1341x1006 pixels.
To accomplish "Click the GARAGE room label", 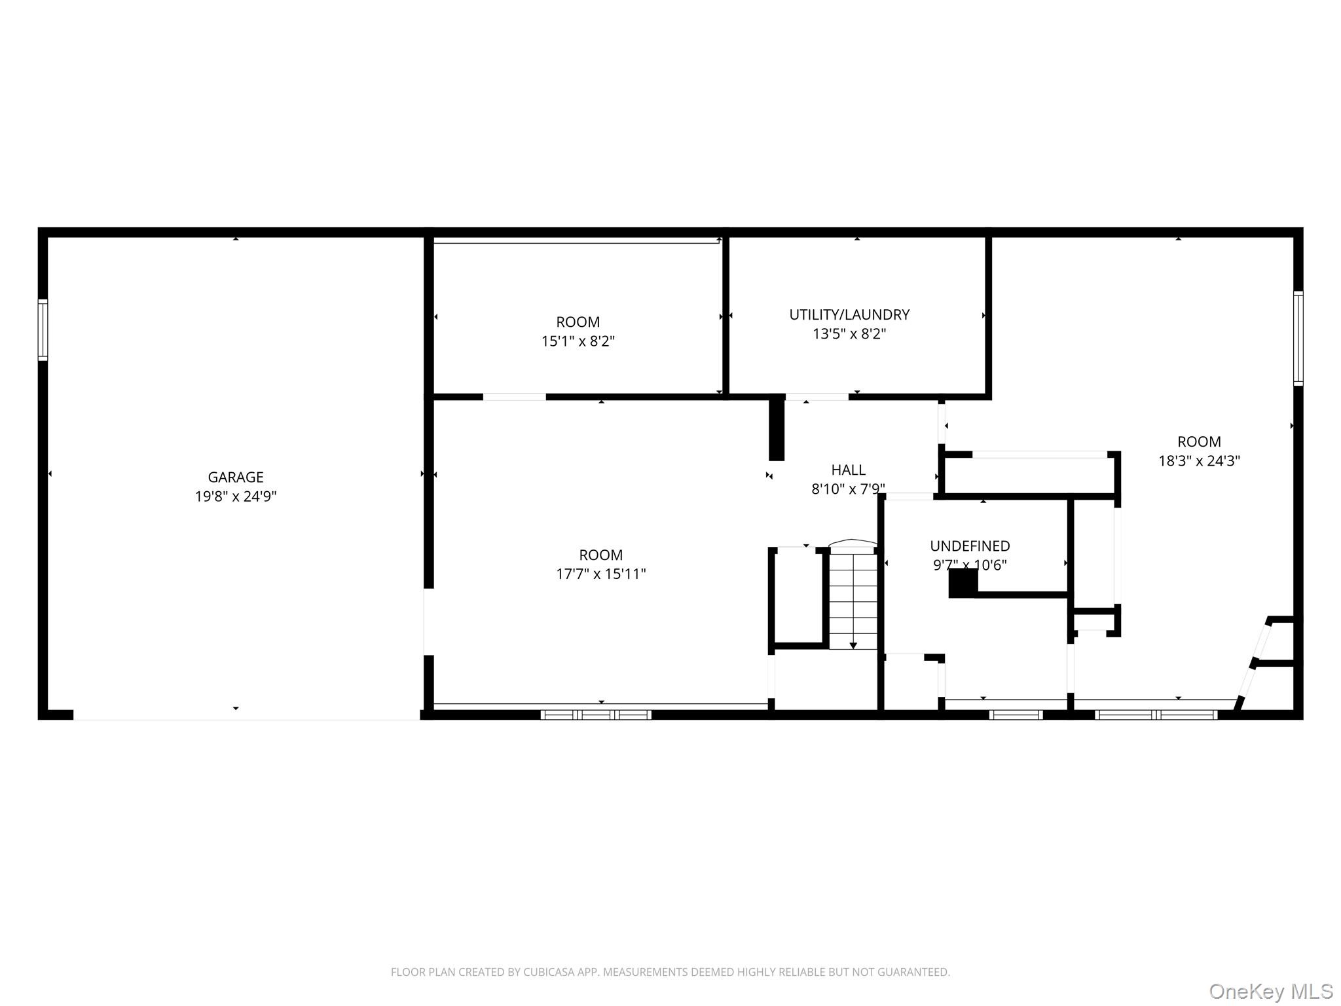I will pos(236,477).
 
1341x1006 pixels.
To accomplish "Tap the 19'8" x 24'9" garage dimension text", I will pos(236,496).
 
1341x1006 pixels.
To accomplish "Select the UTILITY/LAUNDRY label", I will pos(849,315).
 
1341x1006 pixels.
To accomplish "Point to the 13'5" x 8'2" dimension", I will pos(849,334).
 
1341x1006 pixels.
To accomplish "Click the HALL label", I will pos(849,470).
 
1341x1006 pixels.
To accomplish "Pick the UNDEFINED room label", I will pos(970,546).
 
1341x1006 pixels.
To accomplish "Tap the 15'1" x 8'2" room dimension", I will pos(578,341).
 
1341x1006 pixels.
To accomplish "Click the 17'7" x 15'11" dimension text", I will pos(600,574).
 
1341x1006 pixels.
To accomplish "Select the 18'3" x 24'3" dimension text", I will pos(1199,461).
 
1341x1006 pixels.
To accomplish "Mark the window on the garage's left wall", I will pos(43,329).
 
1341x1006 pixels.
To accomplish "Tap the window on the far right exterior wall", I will pos(1298,338).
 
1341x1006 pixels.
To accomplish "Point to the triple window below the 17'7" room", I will pos(596,715).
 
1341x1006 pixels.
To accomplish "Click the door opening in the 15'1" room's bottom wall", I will pos(515,397).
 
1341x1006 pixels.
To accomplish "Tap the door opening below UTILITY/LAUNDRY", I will pos(817,397).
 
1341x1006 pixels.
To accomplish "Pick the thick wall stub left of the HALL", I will pos(777,429).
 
